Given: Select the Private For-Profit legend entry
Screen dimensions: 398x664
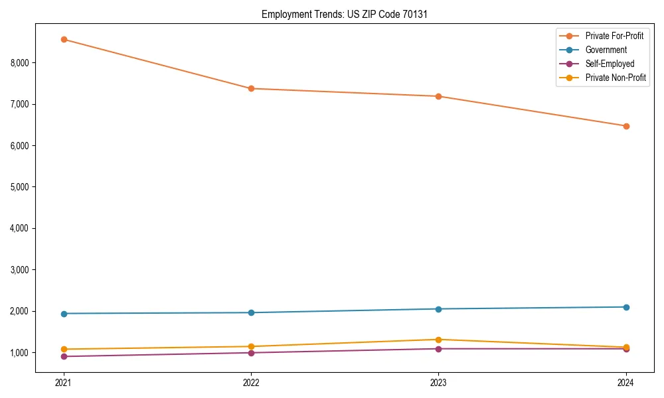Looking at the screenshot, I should coord(614,36).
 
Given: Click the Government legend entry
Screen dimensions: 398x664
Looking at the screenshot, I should coord(606,50).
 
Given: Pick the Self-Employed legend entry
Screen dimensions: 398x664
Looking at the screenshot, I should coord(610,64).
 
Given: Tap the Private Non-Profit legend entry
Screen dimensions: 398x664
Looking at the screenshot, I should coord(616,78).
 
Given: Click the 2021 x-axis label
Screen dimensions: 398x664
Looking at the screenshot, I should coord(64,383).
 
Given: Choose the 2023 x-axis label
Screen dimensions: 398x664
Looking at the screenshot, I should coord(438,383).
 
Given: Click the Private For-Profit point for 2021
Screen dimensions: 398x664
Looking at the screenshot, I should coord(64,39).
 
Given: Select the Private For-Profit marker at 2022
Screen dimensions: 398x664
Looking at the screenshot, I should coord(251,88).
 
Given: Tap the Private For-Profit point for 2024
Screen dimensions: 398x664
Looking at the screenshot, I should coord(626,126).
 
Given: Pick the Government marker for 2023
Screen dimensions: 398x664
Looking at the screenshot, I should coord(438,309).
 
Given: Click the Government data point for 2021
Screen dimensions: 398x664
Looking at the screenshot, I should coord(64,314).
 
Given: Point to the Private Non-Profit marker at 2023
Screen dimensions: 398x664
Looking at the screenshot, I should coord(438,340).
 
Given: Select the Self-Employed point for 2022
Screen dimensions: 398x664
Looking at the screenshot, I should coord(251,353).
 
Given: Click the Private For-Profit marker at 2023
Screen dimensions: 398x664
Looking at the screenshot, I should coord(438,96).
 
